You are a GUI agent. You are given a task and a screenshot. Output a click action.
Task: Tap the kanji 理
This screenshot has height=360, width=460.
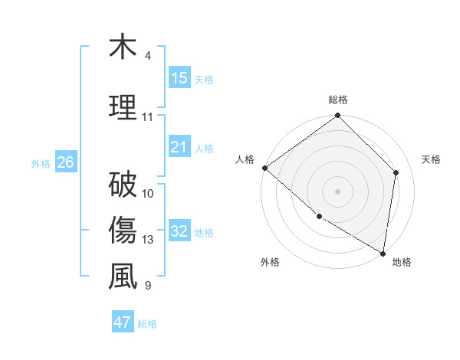(123, 106)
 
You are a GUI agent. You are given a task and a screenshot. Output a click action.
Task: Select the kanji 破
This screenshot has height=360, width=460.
(123, 184)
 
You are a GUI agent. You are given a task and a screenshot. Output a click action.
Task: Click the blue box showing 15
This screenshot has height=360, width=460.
(179, 78)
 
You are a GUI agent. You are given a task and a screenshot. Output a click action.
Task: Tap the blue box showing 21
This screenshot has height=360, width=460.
(179, 147)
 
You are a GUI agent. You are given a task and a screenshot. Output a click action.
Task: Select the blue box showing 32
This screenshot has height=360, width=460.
(179, 231)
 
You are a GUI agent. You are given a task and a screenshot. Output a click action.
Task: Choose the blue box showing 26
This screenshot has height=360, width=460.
(65, 162)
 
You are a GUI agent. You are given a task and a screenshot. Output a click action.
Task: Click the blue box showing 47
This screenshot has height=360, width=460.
(123, 322)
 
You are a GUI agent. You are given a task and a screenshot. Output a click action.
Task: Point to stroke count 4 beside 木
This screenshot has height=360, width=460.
(148, 56)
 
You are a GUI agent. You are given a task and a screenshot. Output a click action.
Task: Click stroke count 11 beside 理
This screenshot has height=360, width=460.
(148, 117)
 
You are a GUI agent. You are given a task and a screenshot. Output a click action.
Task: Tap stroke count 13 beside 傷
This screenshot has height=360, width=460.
(148, 240)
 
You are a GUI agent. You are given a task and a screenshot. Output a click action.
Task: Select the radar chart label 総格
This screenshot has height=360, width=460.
(338, 100)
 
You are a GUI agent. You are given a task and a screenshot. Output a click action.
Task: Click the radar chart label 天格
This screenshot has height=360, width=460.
(432, 159)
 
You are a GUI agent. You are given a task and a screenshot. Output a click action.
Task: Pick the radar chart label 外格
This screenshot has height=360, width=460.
(270, 262)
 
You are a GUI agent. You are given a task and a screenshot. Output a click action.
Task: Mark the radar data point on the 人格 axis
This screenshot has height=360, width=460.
(264, 168)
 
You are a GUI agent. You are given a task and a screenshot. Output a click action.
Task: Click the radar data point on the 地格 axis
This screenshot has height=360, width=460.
(383, 253)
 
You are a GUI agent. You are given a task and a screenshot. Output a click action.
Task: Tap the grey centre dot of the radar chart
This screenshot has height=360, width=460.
(338, 191)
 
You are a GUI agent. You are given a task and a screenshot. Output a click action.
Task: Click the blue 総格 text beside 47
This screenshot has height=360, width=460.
(147, 324)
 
